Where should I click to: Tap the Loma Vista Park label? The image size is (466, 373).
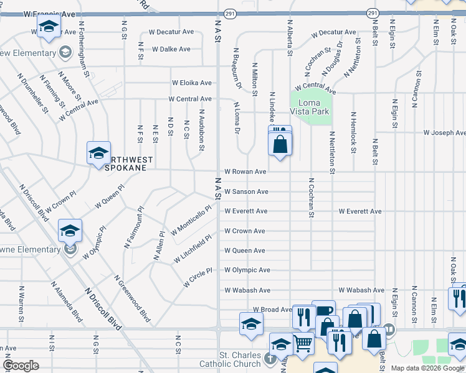coord(310,106)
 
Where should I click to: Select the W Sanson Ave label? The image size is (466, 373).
coord(246,191)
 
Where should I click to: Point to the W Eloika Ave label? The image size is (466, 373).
coord(192,83)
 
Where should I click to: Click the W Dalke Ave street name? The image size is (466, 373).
coord(171,48)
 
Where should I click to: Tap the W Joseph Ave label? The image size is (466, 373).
coord(444,132)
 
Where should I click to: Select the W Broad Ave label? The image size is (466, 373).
coord(272,309)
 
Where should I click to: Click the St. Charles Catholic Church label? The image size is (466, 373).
coord(231,359)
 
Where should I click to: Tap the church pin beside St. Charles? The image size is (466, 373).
coord(269,358)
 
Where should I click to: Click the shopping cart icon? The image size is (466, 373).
coord(303,343)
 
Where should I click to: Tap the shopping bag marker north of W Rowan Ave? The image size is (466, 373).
coord(280,144)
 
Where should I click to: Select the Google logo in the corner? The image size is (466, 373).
coord(21,366)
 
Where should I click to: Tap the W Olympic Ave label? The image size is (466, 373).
coord(247,270)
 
